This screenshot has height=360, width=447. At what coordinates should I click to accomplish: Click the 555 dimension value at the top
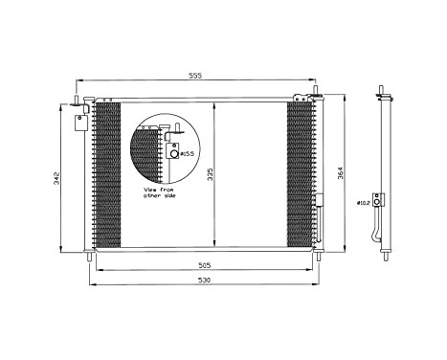194,74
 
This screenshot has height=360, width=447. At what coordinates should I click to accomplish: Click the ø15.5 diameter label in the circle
189,153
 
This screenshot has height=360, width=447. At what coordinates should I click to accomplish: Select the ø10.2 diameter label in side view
363,203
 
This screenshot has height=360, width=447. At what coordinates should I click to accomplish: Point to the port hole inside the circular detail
174,152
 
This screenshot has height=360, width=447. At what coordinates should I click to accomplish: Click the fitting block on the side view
380,200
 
